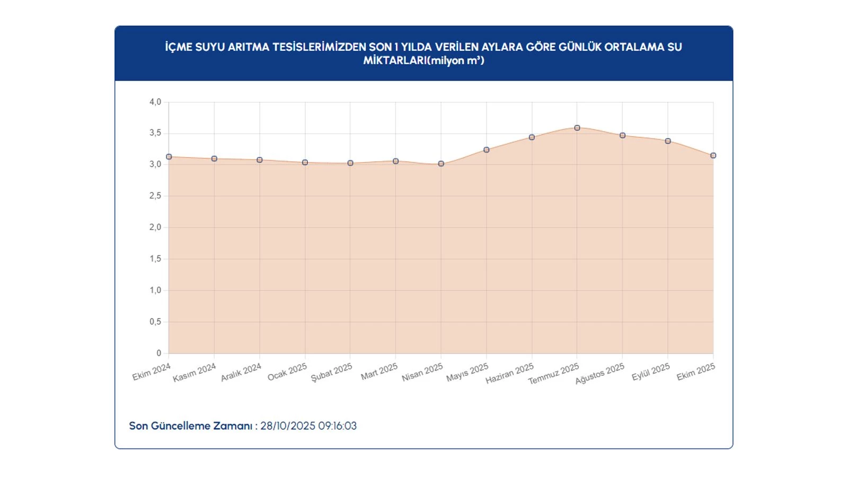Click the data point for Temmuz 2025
tap(577, 128)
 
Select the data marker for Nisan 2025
tap(441, 164)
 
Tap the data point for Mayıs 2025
tap(487, 150)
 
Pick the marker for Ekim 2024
tap(169, 157)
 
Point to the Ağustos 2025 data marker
tap(623, 136)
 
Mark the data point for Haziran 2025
tap(532, 137)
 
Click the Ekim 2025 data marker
tap(713, 156)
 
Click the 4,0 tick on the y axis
tap(155, 102)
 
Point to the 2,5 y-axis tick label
tap(155, 196)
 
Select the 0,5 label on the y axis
tap(155, 322)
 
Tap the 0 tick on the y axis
tap(158, 353)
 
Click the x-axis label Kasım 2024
tap(195, 373)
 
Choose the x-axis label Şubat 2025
tap(331, 373)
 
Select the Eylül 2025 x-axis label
tap(651, 372)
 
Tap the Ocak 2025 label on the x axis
tap(287, 372)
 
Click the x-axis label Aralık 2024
tap(241, 372)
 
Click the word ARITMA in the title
tap(249, 47)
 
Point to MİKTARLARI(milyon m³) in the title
tap(423, 60)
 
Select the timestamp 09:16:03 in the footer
tap(337, 426)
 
